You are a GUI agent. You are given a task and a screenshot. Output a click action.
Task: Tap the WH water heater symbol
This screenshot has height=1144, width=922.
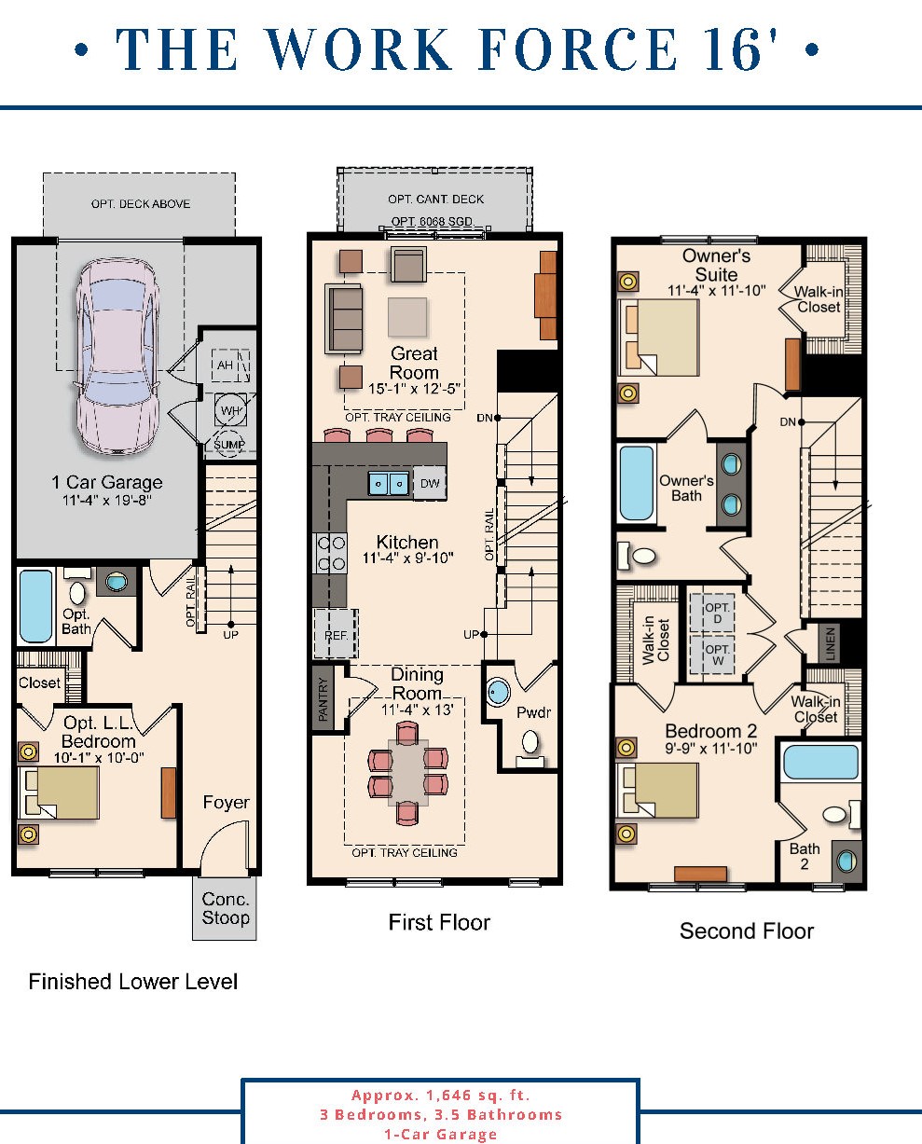tap(231, 407)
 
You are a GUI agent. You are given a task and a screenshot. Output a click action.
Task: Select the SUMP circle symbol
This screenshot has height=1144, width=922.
tap(229, 445)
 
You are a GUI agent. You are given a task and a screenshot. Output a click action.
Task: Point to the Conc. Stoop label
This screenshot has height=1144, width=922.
tap(226, 908)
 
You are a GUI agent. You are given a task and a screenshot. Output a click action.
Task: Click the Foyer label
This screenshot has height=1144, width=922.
tap(226, 802)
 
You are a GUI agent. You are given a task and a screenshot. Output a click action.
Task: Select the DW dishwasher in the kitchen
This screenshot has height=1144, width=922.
tap(430, 483)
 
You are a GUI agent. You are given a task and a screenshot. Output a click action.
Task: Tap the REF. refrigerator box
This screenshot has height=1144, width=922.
tap(335, 633)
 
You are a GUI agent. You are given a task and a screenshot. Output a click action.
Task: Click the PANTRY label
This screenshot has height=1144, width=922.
tap(323, 699)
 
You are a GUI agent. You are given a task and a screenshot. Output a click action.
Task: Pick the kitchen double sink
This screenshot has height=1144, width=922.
tap(388, 483)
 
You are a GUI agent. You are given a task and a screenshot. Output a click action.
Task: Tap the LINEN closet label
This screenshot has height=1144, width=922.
tap(829, 642)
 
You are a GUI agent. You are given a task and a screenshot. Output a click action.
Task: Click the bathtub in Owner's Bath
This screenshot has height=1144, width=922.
tap(636, 483)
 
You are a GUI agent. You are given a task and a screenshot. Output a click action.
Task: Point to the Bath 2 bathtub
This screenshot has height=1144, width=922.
tap(820, 762)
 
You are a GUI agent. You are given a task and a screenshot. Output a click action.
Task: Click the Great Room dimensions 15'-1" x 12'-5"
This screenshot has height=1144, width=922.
tap(414, 389)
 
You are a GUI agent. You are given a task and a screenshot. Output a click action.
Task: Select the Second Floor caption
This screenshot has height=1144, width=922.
tap(746, 930)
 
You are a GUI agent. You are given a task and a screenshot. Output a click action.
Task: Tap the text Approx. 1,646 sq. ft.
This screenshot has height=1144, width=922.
tap(440, 1096)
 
